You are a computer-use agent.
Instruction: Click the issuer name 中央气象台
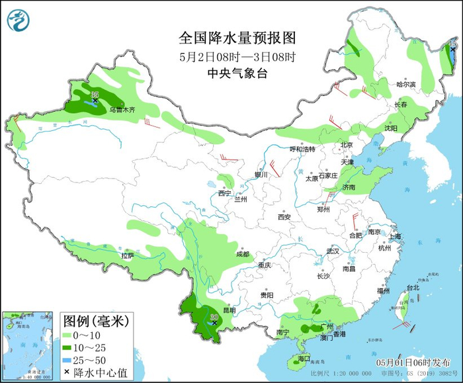click(227, 73)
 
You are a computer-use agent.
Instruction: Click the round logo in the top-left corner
click(19, 20)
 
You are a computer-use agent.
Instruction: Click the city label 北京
click(347, 145)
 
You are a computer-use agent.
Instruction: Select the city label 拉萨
click(127, 255)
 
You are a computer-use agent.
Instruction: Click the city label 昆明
click(229, 310)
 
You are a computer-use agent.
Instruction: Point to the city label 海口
click(304, 359)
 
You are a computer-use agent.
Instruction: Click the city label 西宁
click(224, 193)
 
